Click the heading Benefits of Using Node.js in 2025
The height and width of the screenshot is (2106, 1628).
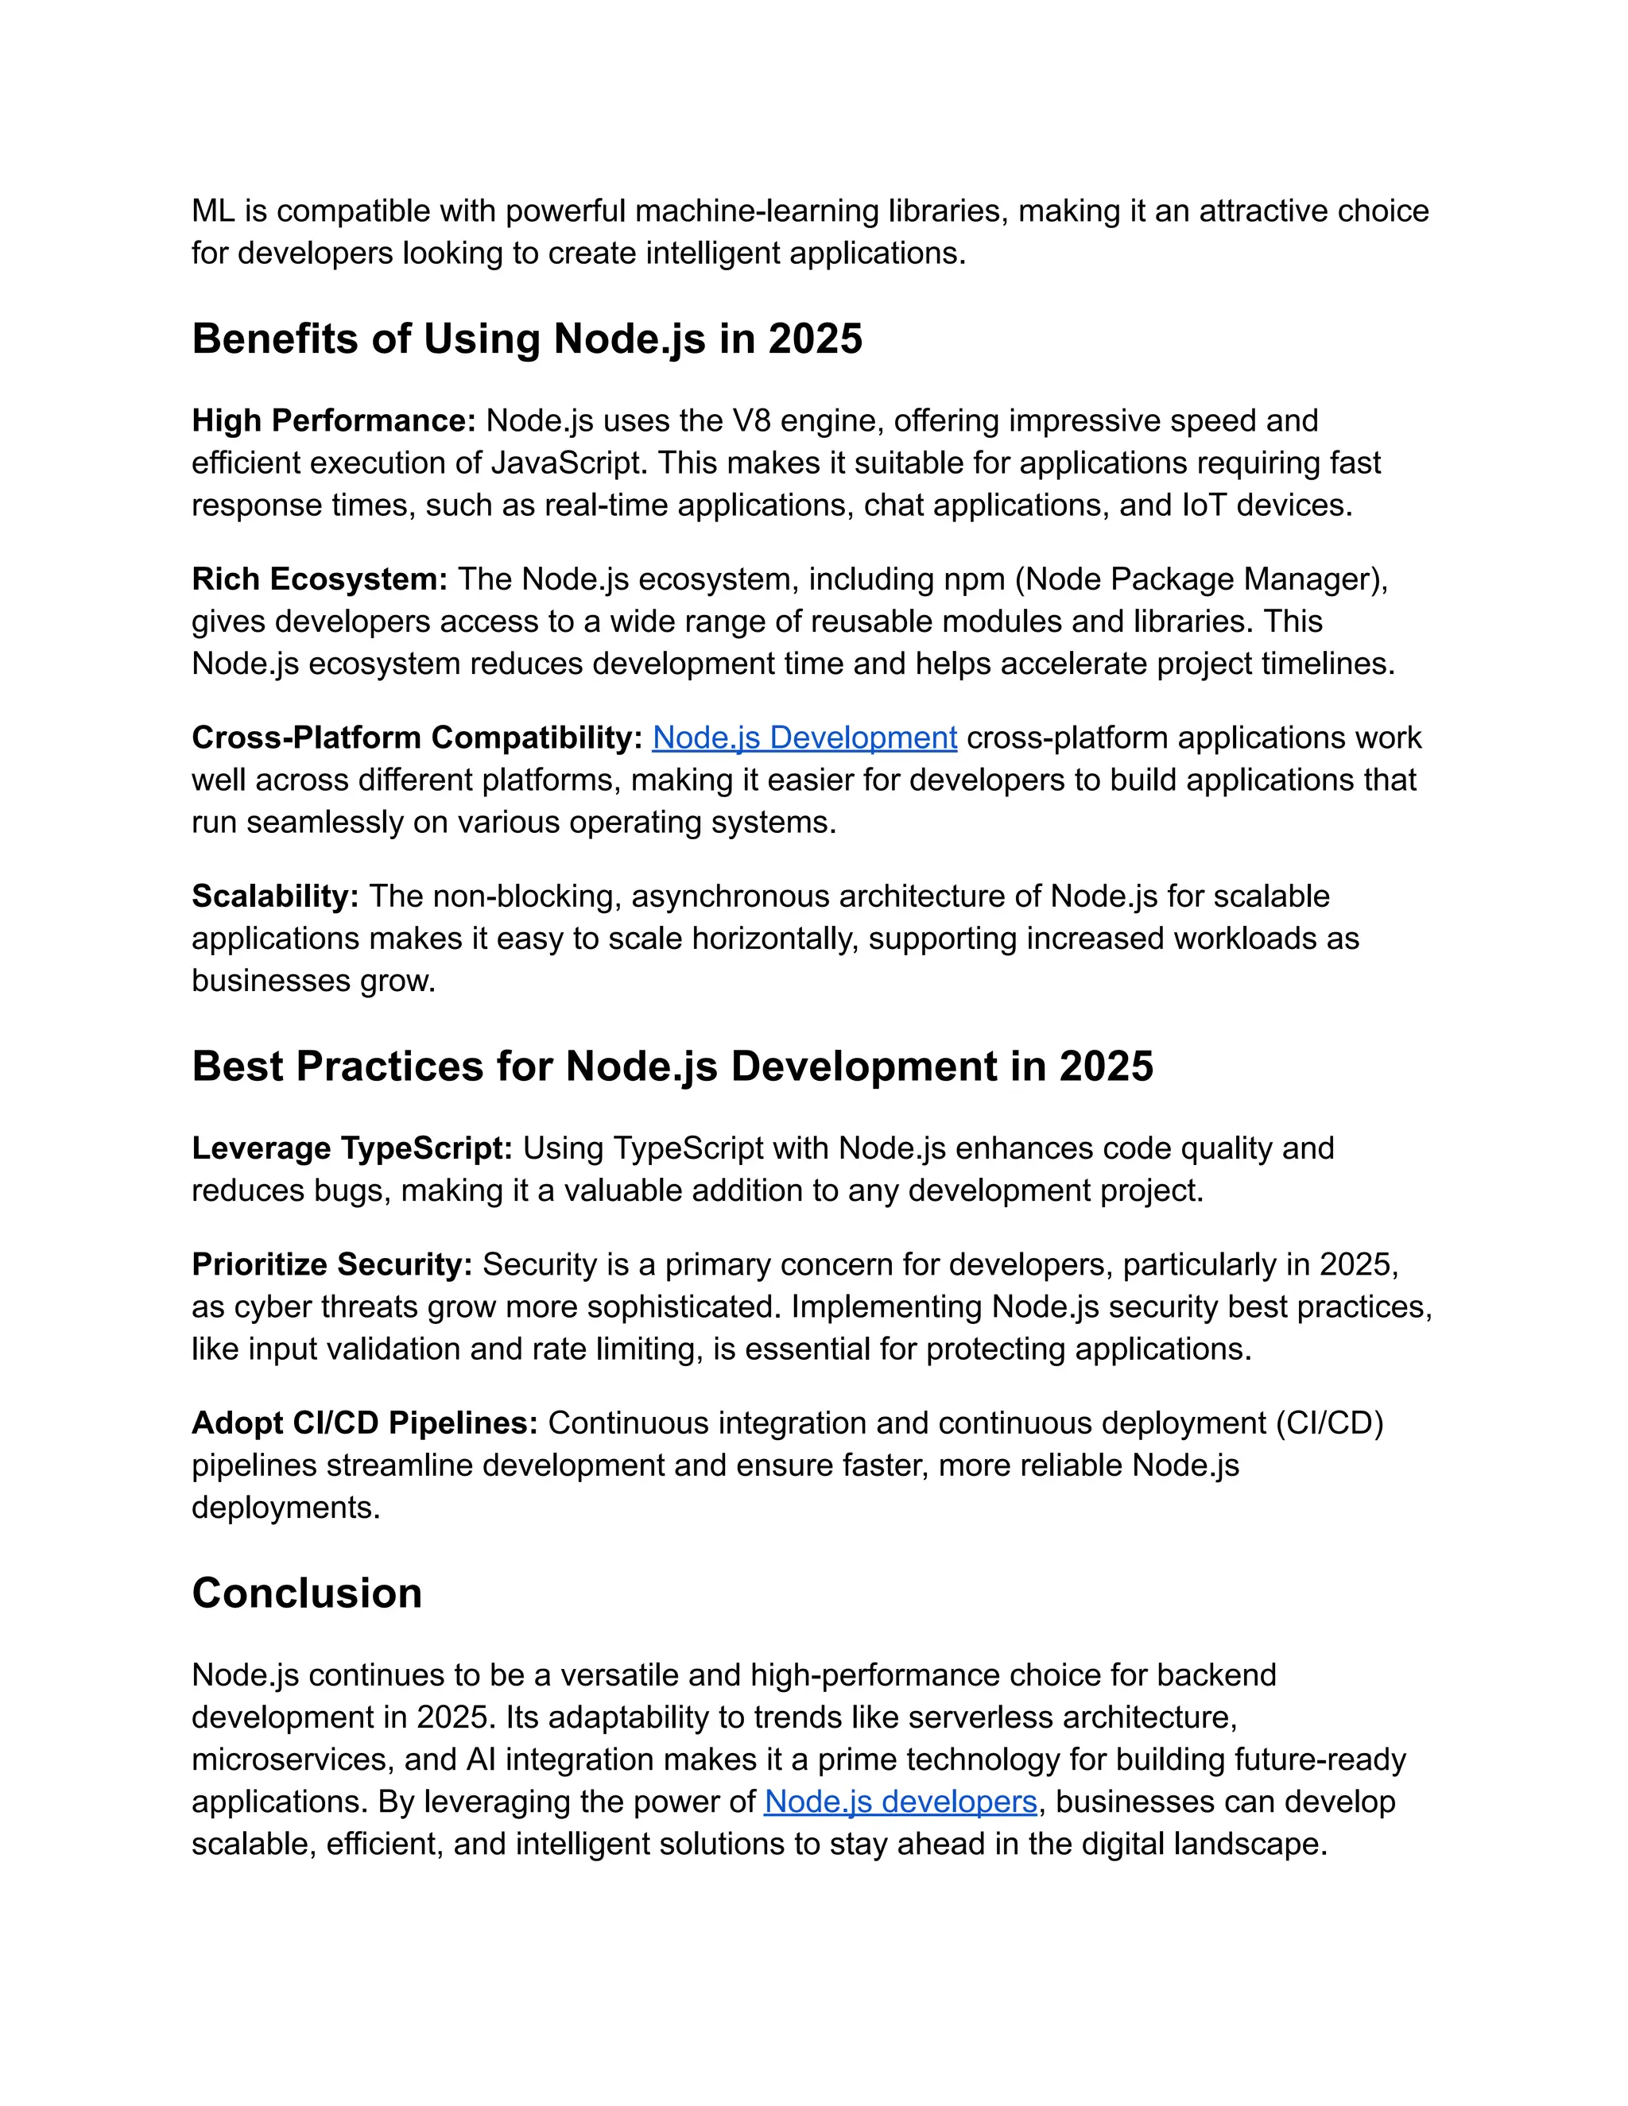(526, 339)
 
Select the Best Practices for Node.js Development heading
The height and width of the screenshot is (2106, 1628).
(673, 1067)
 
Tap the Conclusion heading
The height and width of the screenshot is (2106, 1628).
(307, 1593)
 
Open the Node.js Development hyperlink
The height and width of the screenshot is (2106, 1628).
(804, 737)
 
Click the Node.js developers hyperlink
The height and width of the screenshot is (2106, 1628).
(900, 1802)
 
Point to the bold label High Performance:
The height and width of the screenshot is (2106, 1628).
(334, 421)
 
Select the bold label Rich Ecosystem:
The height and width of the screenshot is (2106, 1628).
(320, 579)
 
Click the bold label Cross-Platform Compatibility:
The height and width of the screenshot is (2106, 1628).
(417, 737)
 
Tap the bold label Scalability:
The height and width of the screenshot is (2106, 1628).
(275, 896)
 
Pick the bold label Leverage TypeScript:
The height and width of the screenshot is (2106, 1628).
(352, 1148)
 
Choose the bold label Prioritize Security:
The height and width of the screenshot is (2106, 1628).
(331, 1264)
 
